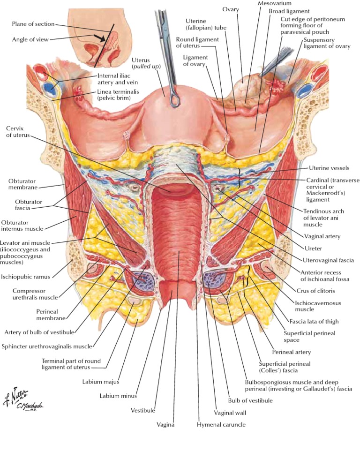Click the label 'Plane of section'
(34, 24)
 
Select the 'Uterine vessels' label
(329, 168)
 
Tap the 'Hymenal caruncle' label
(221, 424)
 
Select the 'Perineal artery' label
(292, 352)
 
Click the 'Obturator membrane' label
(22, 184)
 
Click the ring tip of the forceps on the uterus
(174, 100)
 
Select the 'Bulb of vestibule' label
(250, 400)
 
